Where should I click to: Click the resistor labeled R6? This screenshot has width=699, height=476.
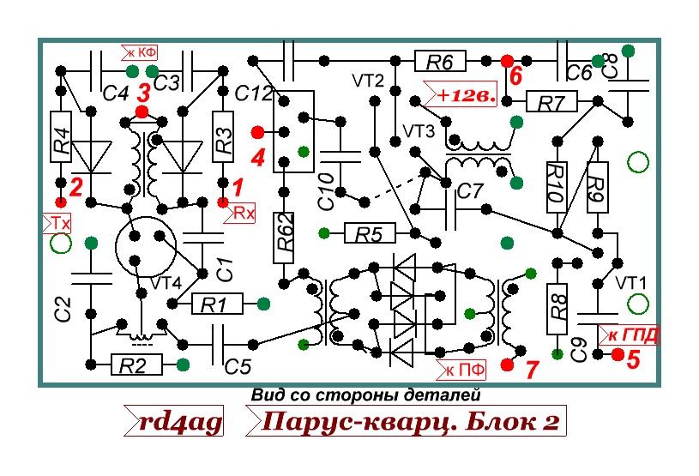440,61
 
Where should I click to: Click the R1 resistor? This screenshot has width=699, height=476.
209,303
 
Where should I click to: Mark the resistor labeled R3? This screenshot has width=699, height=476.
223,137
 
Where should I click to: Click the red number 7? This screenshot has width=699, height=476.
531,370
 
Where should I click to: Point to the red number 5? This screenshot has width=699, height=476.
633,359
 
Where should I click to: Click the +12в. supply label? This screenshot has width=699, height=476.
464,94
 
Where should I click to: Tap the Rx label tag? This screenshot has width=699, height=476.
244,212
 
